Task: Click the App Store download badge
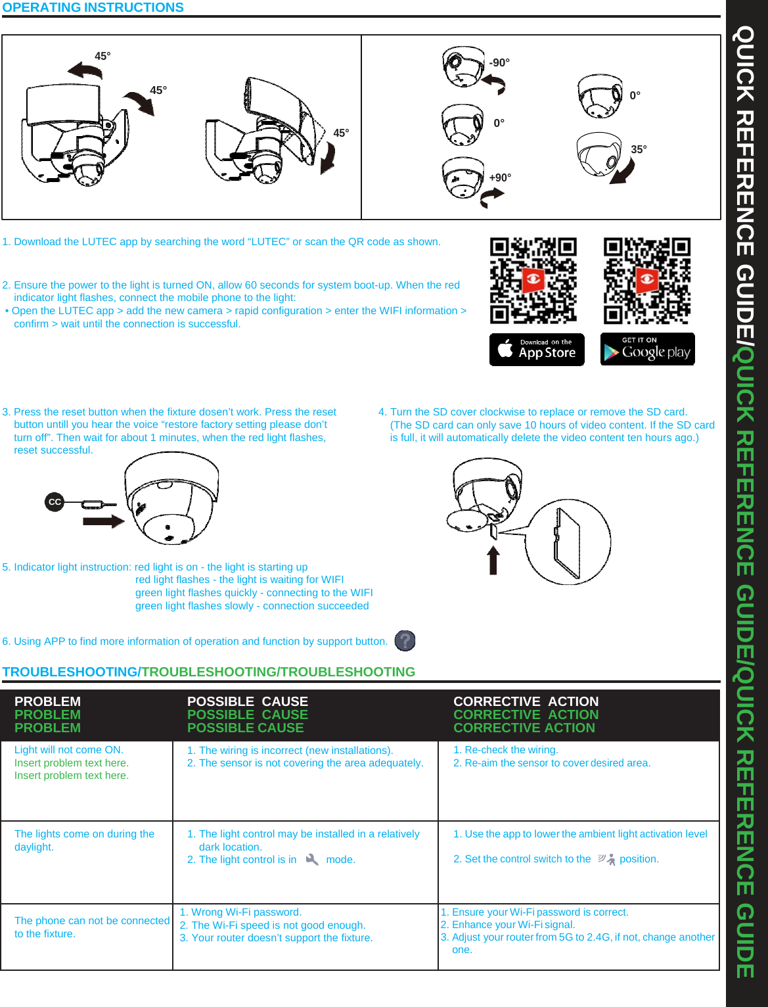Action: (537, 349)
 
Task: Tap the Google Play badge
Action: (647, 349)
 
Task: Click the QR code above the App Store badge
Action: (533, 281)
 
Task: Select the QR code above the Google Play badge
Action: (647, 281)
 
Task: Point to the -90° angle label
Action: (499, 63)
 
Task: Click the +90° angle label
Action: (500, 178)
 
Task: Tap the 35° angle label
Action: (639, 150)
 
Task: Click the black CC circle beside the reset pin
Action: (55, 502)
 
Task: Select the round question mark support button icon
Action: (405, 640)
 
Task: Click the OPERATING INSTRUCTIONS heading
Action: (93, 8)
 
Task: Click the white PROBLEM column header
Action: (47, 701)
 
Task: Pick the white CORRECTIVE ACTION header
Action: (526, 701)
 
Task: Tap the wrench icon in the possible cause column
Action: (312, 860)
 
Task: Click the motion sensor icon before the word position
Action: (606, 859)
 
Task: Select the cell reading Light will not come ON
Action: (69, 750)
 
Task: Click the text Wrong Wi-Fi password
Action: (240, 912)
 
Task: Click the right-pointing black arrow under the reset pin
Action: (103, 521)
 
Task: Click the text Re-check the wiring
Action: (506, 750)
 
